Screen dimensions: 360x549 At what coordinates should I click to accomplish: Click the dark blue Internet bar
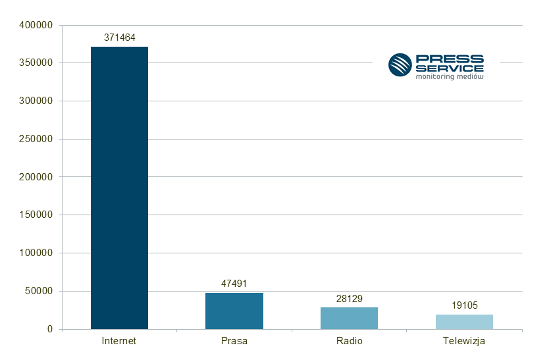pos(119,188)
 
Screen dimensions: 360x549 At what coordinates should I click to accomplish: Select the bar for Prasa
pos(234,311)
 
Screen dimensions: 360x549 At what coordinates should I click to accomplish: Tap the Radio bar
pos(349,318)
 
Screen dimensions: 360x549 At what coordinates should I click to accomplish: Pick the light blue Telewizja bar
pos(464,321)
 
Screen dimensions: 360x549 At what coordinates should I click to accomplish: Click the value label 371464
pos(119,38)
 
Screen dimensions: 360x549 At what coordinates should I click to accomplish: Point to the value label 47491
pos(234,284)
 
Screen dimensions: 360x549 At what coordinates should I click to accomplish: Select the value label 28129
pos(349,298)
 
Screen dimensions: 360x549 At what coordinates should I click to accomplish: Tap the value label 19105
pos(464,305)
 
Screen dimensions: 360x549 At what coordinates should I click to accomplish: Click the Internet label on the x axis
pos(119,341)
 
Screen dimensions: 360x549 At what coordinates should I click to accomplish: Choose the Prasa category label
pos(234,341)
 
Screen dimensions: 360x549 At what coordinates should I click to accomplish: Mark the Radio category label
pos(349,341)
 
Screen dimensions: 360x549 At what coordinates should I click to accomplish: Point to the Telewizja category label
pos(464,341)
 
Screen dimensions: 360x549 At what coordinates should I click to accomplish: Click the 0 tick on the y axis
pos(49,329)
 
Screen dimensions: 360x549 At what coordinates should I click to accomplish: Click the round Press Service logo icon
pos(400,65)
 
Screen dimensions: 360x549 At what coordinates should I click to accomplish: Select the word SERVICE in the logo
pos(450,68)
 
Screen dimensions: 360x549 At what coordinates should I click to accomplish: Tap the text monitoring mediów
pos(450,76)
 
